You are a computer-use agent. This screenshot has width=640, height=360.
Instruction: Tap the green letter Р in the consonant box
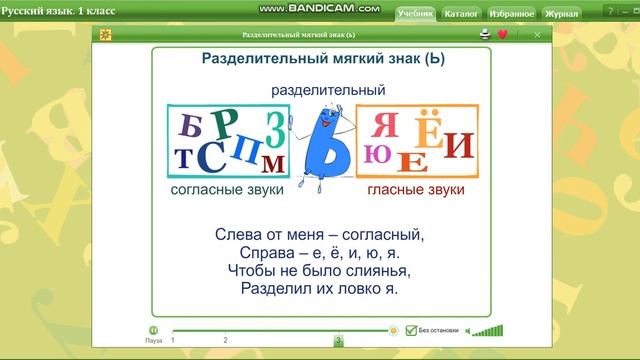(225, 122)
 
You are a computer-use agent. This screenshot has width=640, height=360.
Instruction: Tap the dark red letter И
(457, 147)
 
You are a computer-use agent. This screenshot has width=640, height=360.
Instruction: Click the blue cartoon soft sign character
(322, 143)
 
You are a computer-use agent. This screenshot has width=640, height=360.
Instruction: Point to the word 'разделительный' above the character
(328, 90)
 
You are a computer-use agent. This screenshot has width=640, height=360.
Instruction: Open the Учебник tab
(414, 15)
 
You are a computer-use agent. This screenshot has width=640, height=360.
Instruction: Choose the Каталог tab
(461, 15)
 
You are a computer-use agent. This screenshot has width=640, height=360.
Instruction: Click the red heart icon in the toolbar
(502, 34)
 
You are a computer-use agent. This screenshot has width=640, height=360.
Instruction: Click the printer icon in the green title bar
(485, 34)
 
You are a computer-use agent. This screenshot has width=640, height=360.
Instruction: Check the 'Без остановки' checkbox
(410, 329)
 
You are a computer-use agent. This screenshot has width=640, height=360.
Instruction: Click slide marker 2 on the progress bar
(225, 340)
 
